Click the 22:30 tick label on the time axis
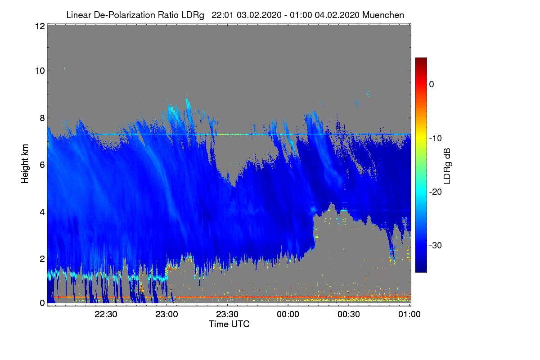pyautogui.click(x=106, y=314)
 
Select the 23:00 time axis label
pyautogui.click(x=166, y=314)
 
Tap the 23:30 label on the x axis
pyautogui.click(x=227, y=314)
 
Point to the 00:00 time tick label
pyautogui.click(x=288, y=314)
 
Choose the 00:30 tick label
pyautogui.click(x=349, y=314)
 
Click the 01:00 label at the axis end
pyautogui.click(x=409, y=314)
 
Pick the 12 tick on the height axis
pyautogui.click(x=40, y=26)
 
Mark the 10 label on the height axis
pyautogui.click(x=40, y=71)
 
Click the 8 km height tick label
pyautogui.click(x=42, y=118)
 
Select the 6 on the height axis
pyautogui.click(x=42, y=165)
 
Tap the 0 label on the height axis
pyautogui.click(x=42, y=303)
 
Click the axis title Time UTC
pyautogui.click(x=229, y=324)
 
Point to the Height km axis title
pyautogui.click(x=25, y=164)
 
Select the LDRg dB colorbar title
pyautogui.click(x=447, y=166)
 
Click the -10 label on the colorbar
pyautogui.click(x=436, y=139)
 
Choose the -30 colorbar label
pyautogui.click(x=436, y=245)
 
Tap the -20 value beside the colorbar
pyautogui.click(x=436, y=192)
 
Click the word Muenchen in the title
pyautogui.click(x=383, y=15)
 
